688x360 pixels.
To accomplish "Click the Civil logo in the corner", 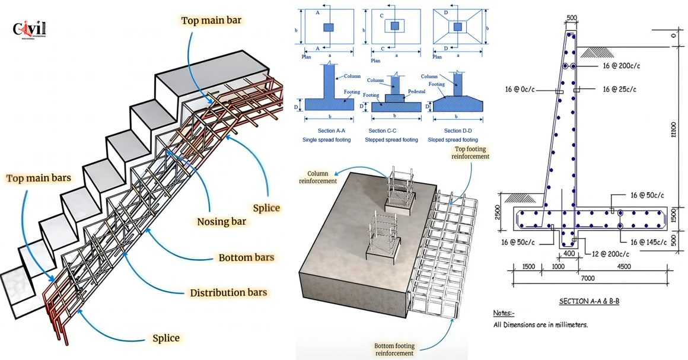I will tap(29, 29).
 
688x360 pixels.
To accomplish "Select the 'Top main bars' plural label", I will tap(40, 178).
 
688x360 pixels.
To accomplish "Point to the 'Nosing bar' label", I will tap(222, 222).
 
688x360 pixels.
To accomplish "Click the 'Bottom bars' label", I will tap(246, 257).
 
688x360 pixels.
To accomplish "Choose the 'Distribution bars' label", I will tap(228, 292).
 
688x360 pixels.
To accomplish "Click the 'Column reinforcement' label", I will tap(317, 176).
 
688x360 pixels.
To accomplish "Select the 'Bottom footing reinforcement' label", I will tap(394, 349).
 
